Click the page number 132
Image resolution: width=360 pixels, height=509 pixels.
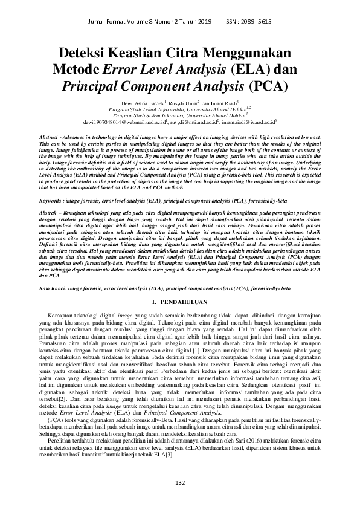(179, 482)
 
